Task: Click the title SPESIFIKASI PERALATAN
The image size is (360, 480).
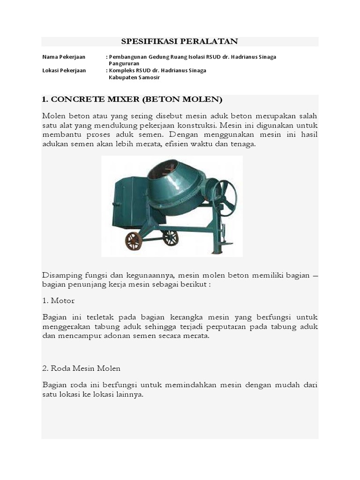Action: click(180, 42)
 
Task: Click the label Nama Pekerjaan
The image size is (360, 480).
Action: click(64, 57)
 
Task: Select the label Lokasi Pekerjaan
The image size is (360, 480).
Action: click(64, 70)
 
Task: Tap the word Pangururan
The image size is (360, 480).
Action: click(124, 63)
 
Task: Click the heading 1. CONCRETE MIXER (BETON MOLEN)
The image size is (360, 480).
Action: click(132, 99)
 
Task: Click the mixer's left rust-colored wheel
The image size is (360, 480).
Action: click(133, 241)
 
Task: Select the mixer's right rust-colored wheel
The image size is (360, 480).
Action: click(170, 238)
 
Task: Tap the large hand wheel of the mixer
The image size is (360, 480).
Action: click(225, 198)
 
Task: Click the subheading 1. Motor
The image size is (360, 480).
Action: click(58, 300)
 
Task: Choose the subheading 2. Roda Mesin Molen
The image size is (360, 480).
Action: click(81, 368)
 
